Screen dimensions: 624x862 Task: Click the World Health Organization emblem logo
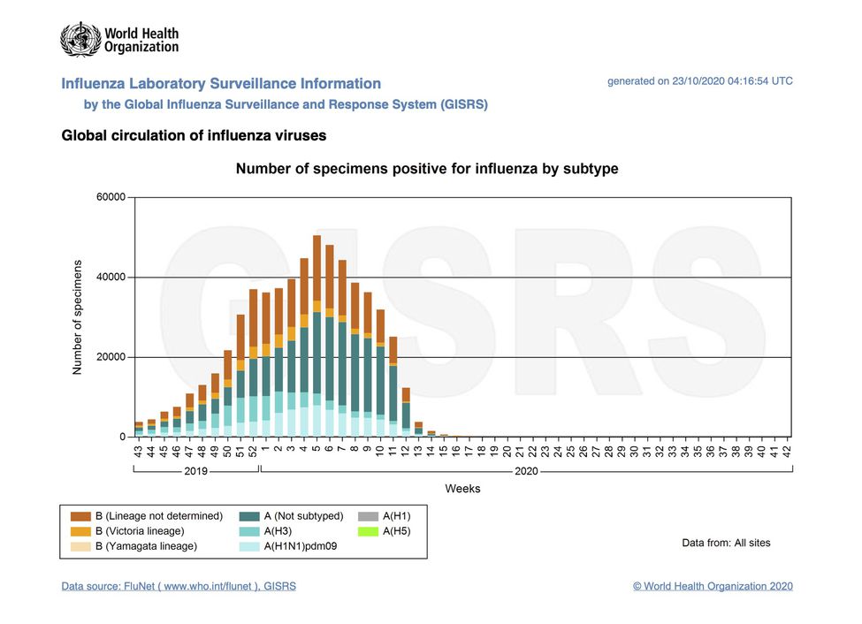click(80, 40)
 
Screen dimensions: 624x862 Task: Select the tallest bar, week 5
click(317, 336)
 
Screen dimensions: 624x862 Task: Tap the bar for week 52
click(253, 362)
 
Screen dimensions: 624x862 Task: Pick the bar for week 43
click(139, 430)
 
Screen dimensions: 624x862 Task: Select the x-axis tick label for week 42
click(787, 450)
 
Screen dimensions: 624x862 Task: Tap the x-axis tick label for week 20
click(507, 450)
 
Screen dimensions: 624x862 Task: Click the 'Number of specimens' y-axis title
click(77, 317)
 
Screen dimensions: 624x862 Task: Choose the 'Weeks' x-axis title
click(462, 488)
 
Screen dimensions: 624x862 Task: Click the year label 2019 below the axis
click(195, 471)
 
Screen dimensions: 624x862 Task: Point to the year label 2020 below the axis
click(526, 471)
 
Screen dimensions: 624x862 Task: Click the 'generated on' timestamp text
click(699, 81)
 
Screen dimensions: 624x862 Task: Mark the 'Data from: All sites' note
click(725, 543)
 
